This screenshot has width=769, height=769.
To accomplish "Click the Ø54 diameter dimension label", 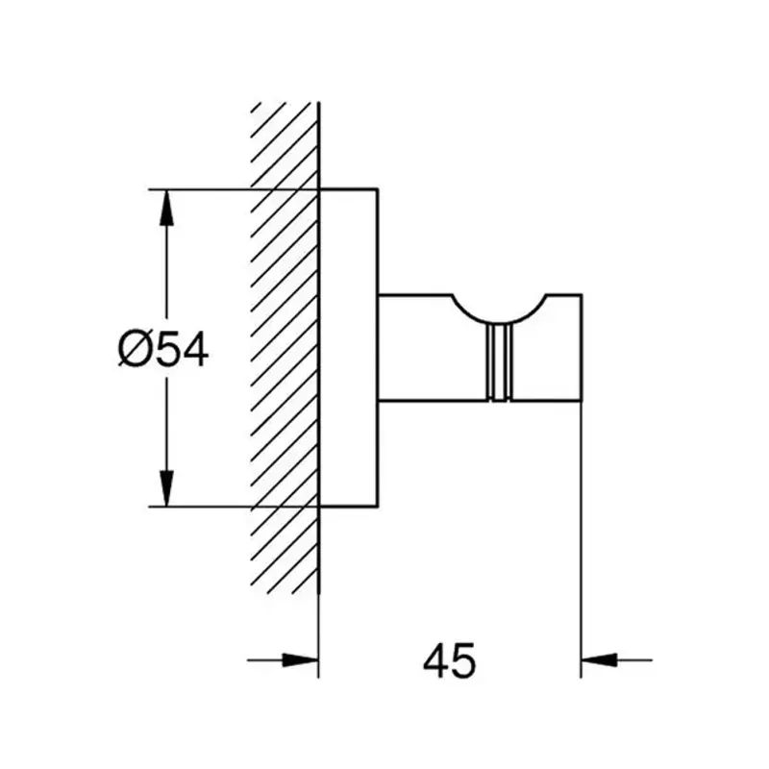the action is [x=163, y=350].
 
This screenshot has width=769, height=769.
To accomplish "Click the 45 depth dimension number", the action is [x=449, y=660].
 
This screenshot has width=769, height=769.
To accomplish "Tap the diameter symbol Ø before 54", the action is [x=134, y=350].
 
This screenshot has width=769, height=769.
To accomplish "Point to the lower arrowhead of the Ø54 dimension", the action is [x=166, y=488].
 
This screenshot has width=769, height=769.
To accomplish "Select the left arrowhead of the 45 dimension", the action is [x=300, y=660].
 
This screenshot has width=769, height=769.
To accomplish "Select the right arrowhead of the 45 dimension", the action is [x=599, y=660].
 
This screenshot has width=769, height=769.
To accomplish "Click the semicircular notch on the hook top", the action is [x=499, y=323].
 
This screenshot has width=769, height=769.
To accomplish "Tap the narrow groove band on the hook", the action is [x=499, y=362].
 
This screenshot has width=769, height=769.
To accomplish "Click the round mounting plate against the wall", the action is [x=348, y=347].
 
